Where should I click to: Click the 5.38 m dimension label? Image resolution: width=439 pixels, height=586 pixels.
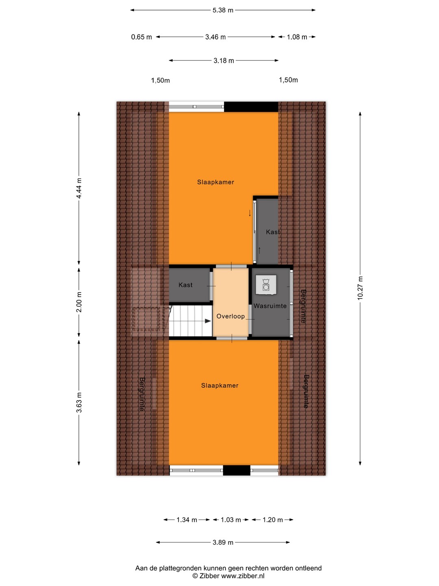[223, 10]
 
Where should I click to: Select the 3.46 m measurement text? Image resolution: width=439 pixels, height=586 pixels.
[215, 37]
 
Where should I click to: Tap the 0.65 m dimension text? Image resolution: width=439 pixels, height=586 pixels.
[141, 37]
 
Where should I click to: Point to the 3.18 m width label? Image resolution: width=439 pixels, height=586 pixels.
[224, 61]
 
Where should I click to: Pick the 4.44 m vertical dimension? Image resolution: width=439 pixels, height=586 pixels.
[79, 188]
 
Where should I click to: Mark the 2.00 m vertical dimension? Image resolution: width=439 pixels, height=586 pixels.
[79, 302]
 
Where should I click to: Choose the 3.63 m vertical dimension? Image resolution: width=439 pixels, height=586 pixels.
[79, 402]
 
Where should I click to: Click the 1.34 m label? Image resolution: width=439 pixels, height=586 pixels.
[187, 520]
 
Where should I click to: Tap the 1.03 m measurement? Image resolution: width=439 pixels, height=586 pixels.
[231, 520]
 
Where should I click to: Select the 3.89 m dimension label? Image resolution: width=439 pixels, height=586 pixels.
[223, 542]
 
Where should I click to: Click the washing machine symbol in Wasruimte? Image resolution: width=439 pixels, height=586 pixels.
[266, 285]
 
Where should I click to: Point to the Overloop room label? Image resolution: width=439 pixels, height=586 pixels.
[230, 316]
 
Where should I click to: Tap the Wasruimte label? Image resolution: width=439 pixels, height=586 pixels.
[270, 306]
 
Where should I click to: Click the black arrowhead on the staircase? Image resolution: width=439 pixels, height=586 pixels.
[208, 321]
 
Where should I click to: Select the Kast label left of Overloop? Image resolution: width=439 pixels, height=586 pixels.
[185, 285]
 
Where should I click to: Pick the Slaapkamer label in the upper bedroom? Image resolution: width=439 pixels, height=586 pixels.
[215, 182]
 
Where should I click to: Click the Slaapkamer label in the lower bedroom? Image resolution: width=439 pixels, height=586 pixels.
[219, 385]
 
